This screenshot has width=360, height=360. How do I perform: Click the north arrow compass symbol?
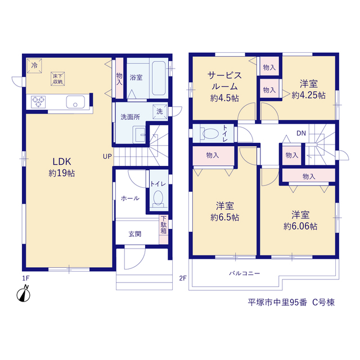click(24, 294)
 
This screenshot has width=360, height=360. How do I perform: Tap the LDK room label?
click(62, 161)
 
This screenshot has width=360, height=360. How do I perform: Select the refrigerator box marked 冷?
click(34, 66)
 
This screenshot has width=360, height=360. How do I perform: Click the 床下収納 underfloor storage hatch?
click(57, 79)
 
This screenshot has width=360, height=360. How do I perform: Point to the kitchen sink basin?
click(75, 102)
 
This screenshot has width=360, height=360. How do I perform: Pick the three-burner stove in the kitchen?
click(38, 102)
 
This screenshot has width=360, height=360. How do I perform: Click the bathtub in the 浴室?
click(159, 78)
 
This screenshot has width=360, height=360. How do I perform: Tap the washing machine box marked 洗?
click(160, 112)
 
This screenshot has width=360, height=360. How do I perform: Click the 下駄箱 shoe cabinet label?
click(164, 225)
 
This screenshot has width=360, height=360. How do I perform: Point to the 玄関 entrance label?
click(135, 234)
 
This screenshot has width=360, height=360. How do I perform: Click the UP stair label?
click(107, 156)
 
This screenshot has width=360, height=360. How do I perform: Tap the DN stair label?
click(301, 133)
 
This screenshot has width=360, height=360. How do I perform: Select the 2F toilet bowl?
click(210, 133)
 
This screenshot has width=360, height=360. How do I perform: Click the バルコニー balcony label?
click(244, 273)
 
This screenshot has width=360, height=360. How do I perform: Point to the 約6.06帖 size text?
click(300, 226)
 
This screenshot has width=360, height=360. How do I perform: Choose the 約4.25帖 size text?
click(309, 95)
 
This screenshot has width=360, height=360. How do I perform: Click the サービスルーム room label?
click(224, 81)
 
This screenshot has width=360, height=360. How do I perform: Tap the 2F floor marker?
click(183, 278)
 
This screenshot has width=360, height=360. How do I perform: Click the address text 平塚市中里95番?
click(277, 303)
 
